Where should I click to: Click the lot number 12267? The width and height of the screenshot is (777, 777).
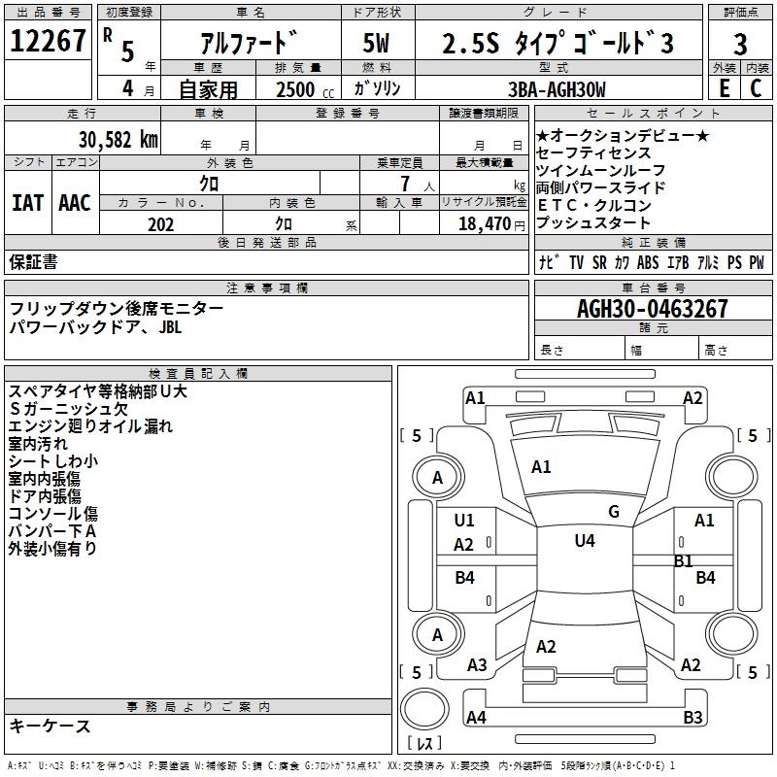pyautogui.click(x=48, y=41)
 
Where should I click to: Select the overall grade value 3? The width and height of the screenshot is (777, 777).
pyautogui.click(x=740, y=45)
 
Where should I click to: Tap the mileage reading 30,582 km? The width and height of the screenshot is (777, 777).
pyautogui.click(x=118, y=140)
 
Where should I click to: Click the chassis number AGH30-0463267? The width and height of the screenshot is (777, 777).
pyautogui.click(x=652, y=309)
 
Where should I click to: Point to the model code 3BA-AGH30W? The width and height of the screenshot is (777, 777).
pyautogui.click(x=557, y=89)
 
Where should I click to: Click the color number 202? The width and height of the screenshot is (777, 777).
pyautogui.click(x=160, y=224)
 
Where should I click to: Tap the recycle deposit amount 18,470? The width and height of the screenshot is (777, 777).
pyautogui.click(x=485, y=224)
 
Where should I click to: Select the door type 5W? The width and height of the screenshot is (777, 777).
pyautogui.click(x=376, y=43)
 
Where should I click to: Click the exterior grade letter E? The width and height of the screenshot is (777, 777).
pyautogui.click(x=724, y=88)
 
